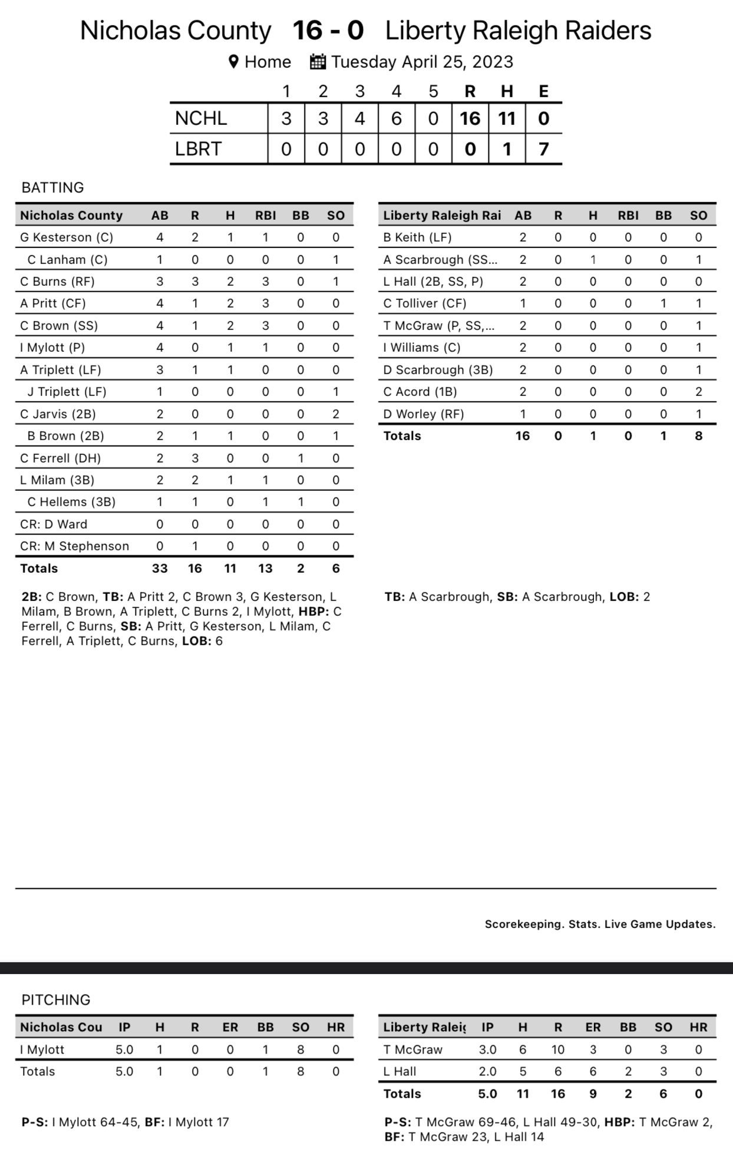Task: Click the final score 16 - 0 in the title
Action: [328, 31]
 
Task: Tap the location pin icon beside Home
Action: [233, 62]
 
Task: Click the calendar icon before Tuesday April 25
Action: [318, 62]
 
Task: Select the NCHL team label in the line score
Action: [201, 118]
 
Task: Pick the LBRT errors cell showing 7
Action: [543, 149]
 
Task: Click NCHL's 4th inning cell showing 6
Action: [397, 118]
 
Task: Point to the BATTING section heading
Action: [52, 187]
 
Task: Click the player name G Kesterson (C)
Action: [67, 237]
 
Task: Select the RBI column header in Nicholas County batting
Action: [265, 216]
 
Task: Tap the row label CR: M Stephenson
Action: [74, 546]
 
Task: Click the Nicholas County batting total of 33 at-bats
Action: [160, 569]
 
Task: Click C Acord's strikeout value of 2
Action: [698, 392]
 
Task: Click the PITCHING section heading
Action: [56, 999]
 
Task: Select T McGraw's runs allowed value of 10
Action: [557, 1049]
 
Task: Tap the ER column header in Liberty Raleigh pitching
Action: [593, 1027]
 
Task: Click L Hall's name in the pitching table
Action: [399, 1071]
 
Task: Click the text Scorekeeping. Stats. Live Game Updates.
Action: [600, 924]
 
